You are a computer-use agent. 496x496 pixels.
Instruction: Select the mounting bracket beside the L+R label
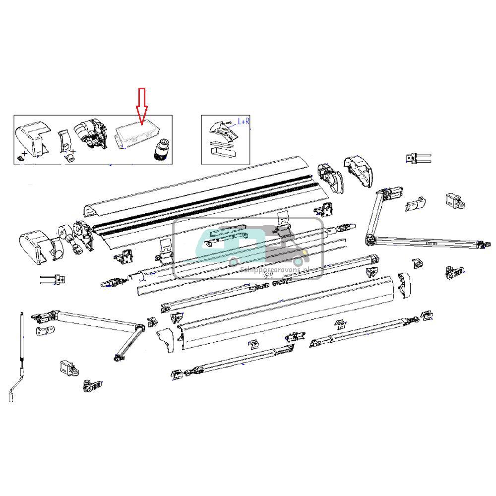pos(220,131)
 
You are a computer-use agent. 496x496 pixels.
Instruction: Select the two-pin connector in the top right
pos(418,159)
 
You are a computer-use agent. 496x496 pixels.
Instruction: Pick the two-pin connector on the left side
pos(53,280)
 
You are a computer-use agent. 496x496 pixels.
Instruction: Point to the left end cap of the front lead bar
pos(167,339)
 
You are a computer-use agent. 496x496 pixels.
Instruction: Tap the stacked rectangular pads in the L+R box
pos(222,150)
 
